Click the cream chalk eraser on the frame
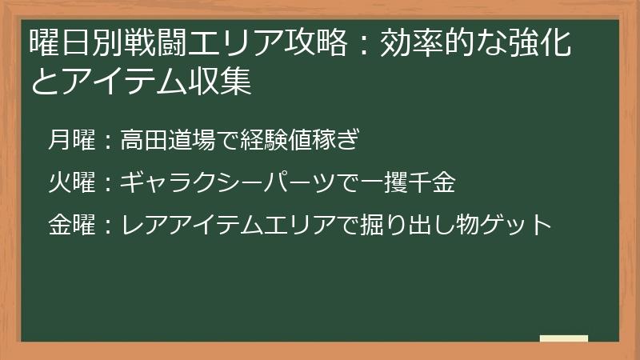click(563, 339)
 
